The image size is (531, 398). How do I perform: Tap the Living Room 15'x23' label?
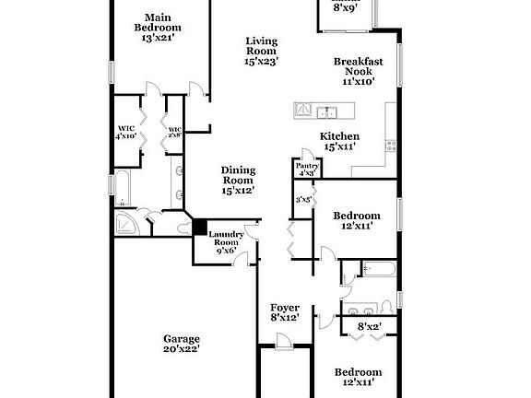261,51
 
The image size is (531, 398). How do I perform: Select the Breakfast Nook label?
358,71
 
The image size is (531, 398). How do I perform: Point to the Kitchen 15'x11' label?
338,141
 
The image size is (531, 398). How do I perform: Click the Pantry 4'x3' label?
307,170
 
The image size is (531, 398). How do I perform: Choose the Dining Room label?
237,179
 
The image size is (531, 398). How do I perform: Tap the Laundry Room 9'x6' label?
225,242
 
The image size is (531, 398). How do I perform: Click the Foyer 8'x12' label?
284,312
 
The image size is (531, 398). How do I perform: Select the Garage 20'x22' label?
181,344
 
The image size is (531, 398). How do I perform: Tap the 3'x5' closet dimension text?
301,199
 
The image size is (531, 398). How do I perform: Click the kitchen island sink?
324,112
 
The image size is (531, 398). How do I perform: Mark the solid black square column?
197,227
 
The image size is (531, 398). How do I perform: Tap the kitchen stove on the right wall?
391,145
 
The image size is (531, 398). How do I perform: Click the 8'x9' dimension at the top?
344,7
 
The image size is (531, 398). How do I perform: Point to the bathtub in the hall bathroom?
378,270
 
